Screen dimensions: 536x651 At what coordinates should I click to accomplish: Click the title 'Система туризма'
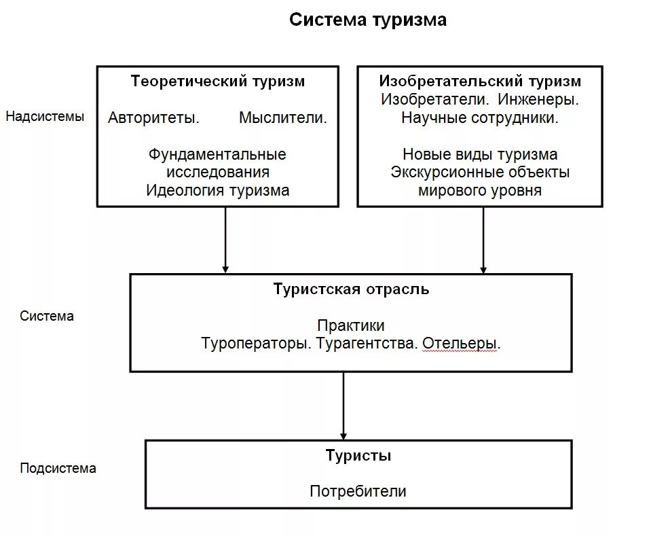[367, 20]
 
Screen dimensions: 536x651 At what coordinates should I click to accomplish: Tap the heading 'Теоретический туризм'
[217, 82]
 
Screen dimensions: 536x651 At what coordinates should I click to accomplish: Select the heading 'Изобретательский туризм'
[480, 82]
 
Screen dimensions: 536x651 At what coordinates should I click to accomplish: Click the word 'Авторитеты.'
[153, 118]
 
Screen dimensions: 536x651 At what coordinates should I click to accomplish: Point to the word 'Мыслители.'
[283, 118]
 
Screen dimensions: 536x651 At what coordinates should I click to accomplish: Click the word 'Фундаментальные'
[217, 154]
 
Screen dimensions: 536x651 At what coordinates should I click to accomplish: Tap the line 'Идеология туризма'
[217, 190]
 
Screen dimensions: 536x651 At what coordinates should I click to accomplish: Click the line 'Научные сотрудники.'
[480, 118]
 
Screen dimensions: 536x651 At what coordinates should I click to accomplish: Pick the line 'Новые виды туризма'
[480, 154]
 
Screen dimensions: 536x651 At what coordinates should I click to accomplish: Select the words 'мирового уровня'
[480, 190]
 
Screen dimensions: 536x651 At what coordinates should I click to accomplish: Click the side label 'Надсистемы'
[45, 116]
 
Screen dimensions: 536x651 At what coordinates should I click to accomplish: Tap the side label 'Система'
[47, 316]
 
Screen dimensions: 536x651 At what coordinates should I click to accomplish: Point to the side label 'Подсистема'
[58, 468]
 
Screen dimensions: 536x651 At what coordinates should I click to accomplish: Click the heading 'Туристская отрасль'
[351, 289]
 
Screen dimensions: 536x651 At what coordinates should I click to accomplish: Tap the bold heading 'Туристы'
[358, 455]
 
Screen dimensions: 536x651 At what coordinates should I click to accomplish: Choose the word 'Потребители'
[358, 491]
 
